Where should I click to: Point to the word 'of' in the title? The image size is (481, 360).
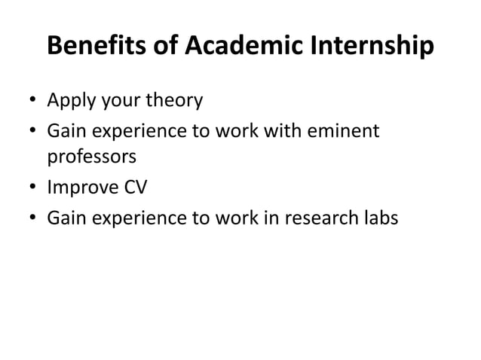(164, 47)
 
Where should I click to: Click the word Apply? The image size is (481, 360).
(72, 100)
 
